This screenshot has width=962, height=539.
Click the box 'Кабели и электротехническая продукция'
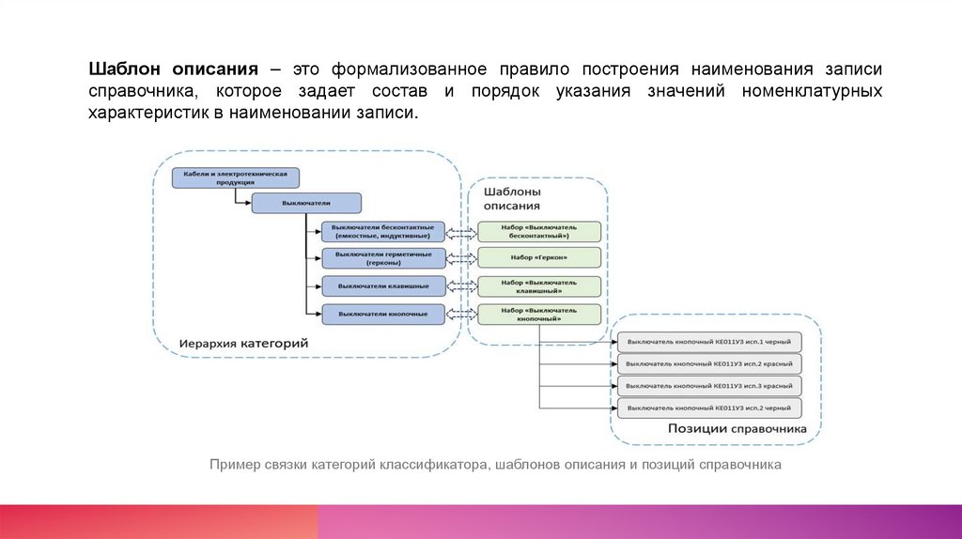click(x=236, y=177)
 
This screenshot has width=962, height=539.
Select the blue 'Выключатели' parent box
click(x=306, y=203)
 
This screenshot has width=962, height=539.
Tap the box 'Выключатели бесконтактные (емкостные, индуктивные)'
click(x=382, y=231)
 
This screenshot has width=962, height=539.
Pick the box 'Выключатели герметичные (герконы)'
click(x=382, y=258)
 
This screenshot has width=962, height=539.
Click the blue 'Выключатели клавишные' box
click(x=382, y=285)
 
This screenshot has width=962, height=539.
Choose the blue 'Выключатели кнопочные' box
click(x=382, y=313)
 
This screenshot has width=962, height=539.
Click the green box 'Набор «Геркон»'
click(x=539, y=257)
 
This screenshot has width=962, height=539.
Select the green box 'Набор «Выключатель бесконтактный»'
click(x=539, y=231)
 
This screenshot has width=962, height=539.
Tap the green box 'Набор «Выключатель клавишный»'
click(x=539, y=285)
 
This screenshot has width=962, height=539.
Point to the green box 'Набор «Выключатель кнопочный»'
click(x=539, y=314)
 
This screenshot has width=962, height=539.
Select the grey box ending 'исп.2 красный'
click(x=710, y=363)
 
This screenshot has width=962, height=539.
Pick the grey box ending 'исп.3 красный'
click(x=710, y=386)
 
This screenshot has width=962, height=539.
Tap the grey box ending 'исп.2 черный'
click(x=710, y=408)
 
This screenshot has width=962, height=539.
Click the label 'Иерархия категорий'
click(x=244, y=345)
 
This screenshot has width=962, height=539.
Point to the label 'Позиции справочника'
click(x=737, y=429)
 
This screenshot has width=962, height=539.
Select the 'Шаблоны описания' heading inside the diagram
click(x=512, y=198)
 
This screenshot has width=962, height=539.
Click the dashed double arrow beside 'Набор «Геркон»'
click(x=460, y=257)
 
